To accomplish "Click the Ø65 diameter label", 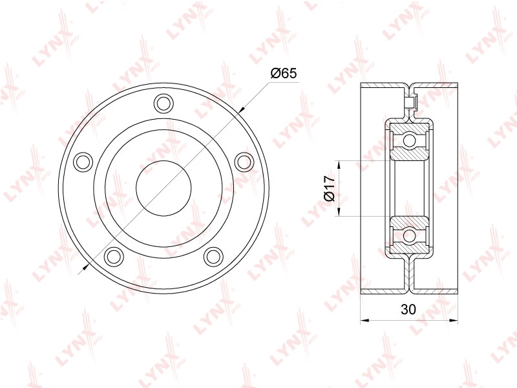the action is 284,73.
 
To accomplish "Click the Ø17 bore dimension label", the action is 330,188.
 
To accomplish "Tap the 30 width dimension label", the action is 408,310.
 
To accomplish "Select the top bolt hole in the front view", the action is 164,103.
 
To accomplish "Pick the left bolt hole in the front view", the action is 83,162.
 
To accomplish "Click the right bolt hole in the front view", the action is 244,162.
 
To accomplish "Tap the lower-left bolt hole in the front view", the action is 114,256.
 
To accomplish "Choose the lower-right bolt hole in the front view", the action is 214,256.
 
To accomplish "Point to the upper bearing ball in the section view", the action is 409,140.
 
